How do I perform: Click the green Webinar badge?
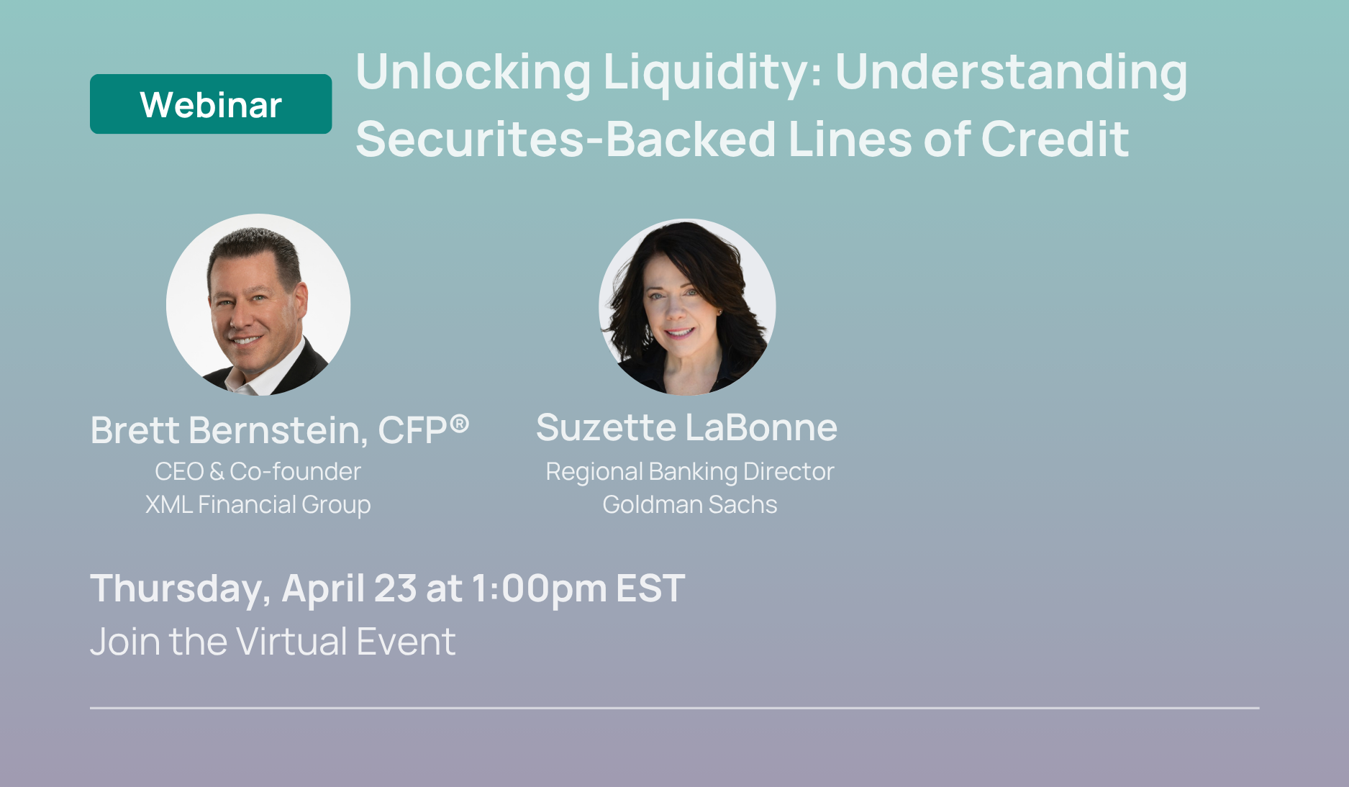click(x=211, y=104)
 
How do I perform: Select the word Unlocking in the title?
click(x=473, y=72)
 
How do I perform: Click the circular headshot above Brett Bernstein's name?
click(x=258, y=305)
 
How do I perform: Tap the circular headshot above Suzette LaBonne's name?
click(x=687, y=306)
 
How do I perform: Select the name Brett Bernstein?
click(x=229, y=430)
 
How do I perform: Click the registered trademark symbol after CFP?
click(x=460, y=424)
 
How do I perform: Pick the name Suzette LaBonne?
click(x=687, y=427)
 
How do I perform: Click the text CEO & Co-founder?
click(x=258, y=472)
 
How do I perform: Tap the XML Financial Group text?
click(x=258, y=505)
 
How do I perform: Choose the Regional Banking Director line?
click(x=690, y=472)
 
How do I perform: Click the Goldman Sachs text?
click(x=690, y=505)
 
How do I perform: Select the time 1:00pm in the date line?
click(x=539, y=589)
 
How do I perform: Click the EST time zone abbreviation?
click(x=651, y=588)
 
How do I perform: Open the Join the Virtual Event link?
click(x=273, y=642)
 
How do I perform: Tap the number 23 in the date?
click(x=395, y=588)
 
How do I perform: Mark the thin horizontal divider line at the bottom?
click(x=675, y=708)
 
